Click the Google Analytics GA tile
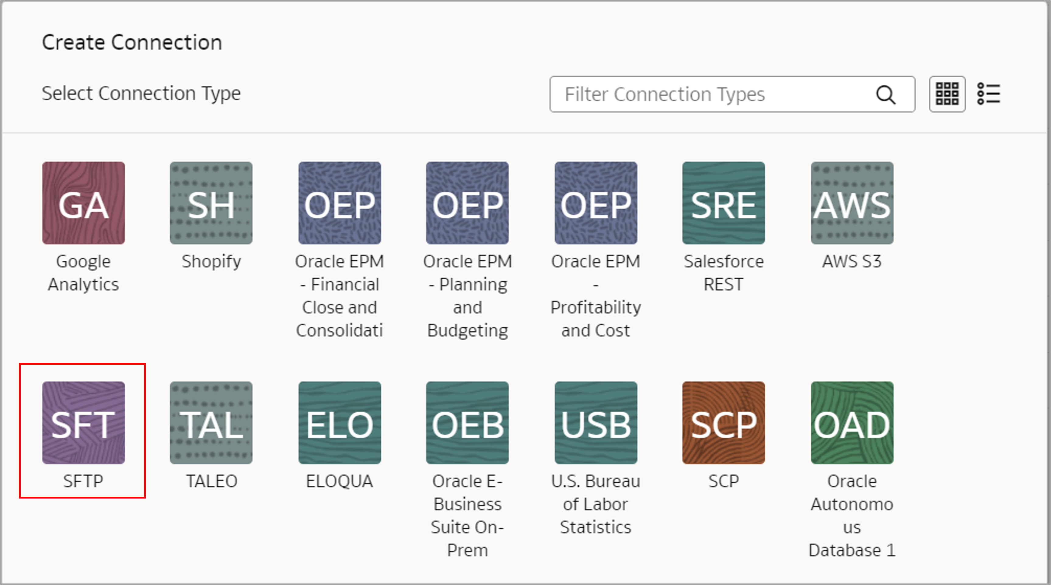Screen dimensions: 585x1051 click(83, 203)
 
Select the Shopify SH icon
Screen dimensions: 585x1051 click(211, 203)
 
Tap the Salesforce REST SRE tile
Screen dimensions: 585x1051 click(723, 203)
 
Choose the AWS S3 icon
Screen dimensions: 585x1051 click(852, 203)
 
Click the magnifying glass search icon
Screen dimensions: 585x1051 click(886, 95)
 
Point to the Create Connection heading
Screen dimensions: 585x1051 click(132, 42)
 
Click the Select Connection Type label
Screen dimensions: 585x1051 click(141, 93)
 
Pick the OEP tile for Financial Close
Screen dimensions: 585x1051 click(340, 203)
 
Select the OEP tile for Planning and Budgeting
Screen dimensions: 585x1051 click(467, 203)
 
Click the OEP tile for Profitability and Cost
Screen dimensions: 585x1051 click(596, 203)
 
